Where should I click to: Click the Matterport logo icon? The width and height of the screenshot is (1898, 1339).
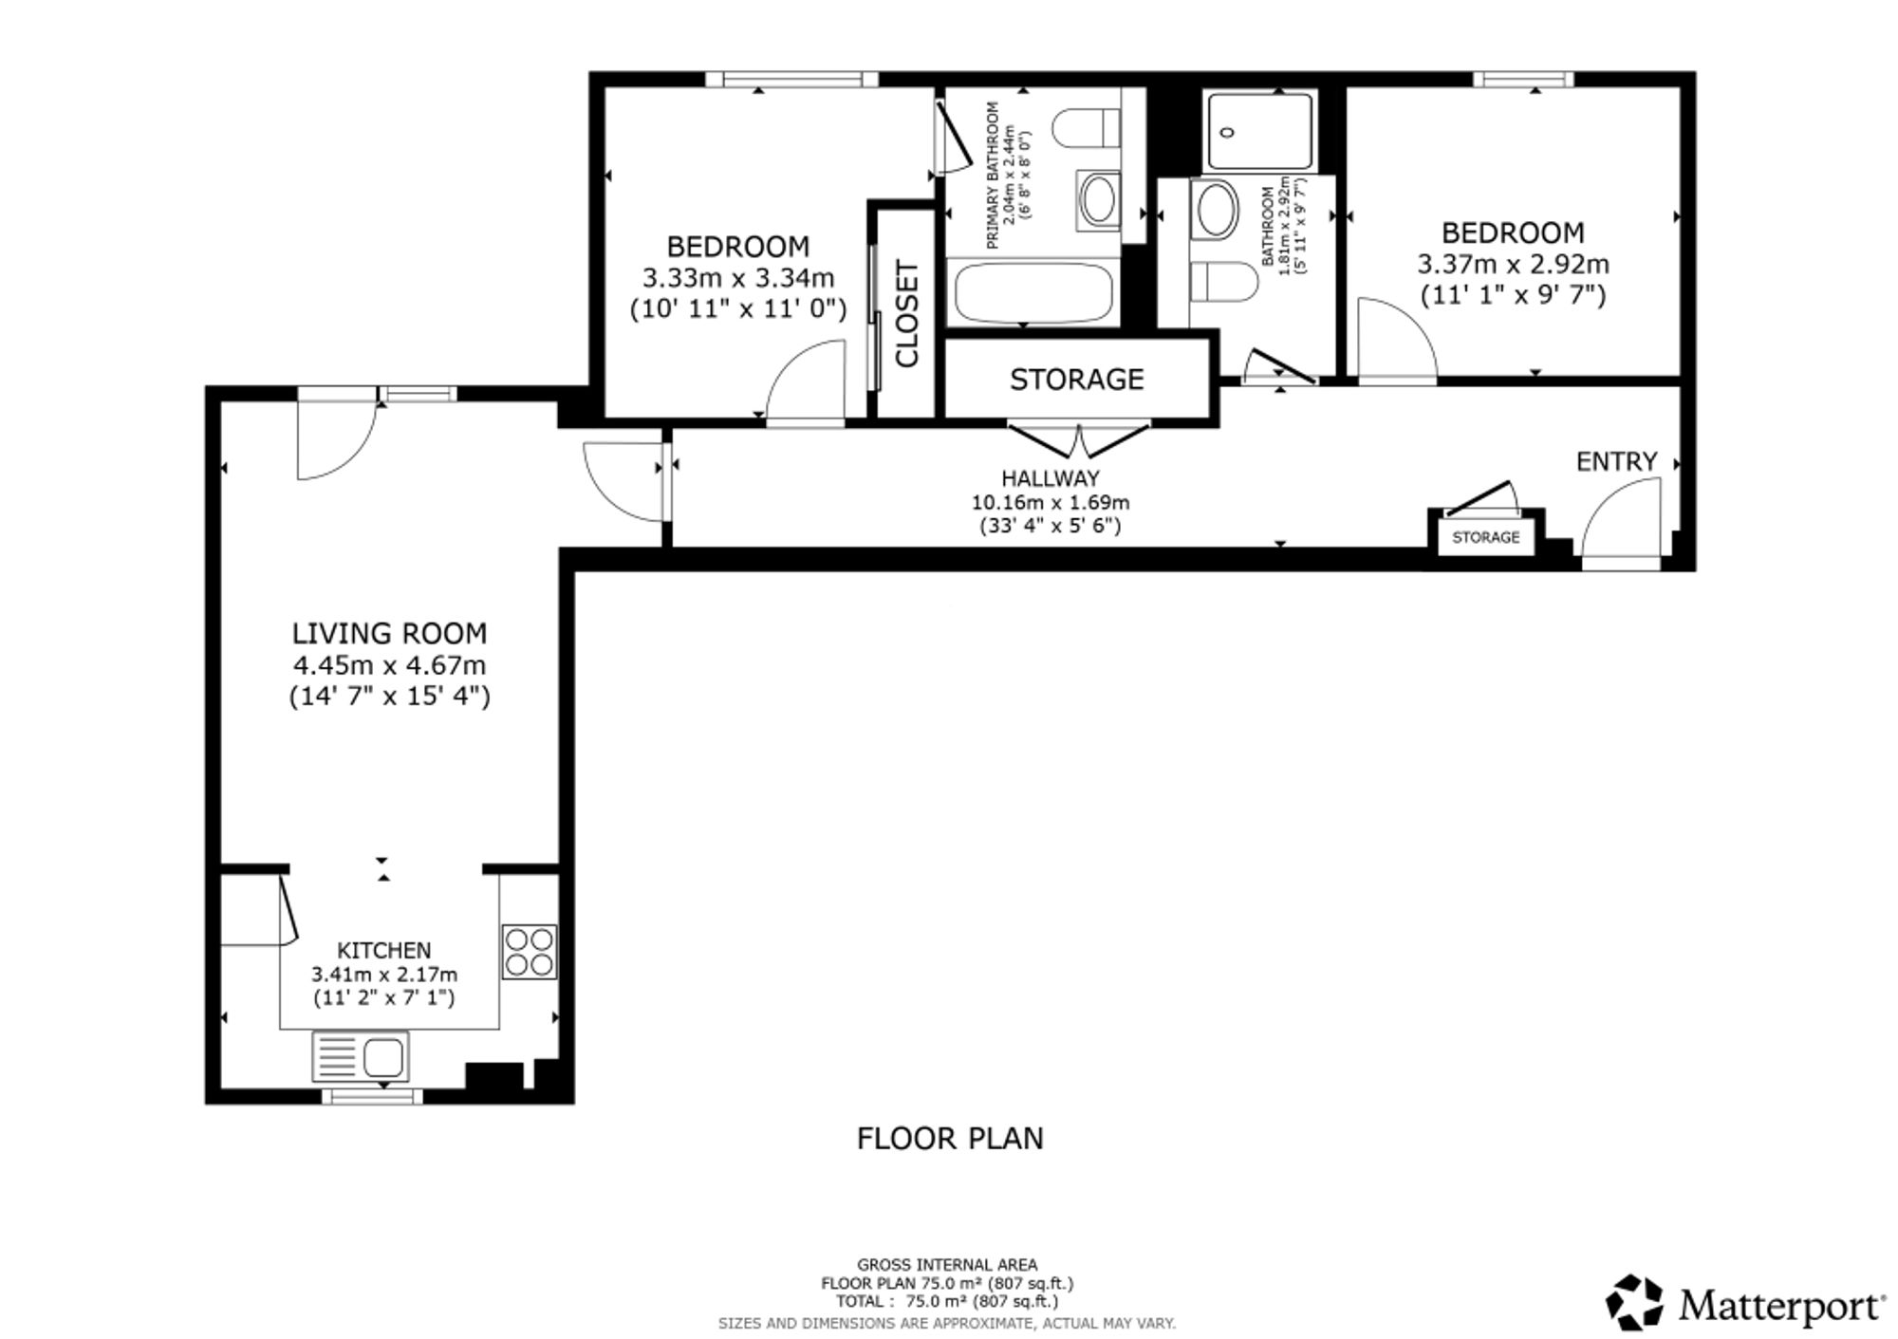[1635, 1302]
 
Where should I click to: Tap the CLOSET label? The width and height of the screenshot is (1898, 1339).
[907, 314]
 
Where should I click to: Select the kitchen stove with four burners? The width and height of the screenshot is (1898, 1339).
[530, 952]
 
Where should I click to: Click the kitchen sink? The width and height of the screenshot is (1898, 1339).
[361, 1056]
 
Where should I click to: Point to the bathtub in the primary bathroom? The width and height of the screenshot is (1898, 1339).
[1033, 293]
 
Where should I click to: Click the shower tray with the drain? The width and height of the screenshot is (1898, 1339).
[1259, 131]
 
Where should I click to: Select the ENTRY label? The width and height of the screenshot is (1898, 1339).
[1616, 461]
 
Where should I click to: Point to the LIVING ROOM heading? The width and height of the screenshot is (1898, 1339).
[389, 633]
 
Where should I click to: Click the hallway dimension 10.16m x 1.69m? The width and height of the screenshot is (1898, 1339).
[1050, 502]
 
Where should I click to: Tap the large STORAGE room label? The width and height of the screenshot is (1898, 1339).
[1076, 380]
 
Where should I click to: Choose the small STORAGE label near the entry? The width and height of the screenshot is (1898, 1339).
[1486, 537]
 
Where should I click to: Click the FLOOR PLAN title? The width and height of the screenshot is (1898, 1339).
[950, 1138]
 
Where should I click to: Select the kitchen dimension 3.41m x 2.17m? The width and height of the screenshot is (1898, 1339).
[384, 974]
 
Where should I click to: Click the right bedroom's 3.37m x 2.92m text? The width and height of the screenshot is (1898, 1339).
[1514, 264]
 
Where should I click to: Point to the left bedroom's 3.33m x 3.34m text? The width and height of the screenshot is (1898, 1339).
[738, 278]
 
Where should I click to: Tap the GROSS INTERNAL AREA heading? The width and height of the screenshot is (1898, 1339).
[947, 1264]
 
